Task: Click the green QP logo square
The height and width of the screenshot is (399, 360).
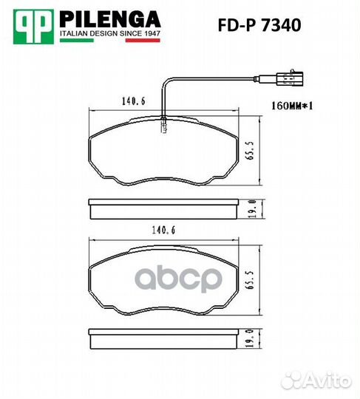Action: tap(33, 27)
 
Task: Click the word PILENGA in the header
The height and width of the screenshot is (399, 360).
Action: tap(110, 19)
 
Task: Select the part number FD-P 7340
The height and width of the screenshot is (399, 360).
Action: tap(259, 25)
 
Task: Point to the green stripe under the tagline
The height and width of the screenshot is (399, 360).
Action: tap(77, 40)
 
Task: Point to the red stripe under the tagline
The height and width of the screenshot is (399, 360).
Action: tap(143, 40)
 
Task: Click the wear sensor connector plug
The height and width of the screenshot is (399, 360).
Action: tap(290, 79)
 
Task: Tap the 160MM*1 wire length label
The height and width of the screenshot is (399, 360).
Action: tap(292, 106)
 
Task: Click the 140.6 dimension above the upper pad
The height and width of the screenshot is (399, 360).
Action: tap(134, 101)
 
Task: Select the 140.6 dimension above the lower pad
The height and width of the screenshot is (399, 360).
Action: tap(163, 231)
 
